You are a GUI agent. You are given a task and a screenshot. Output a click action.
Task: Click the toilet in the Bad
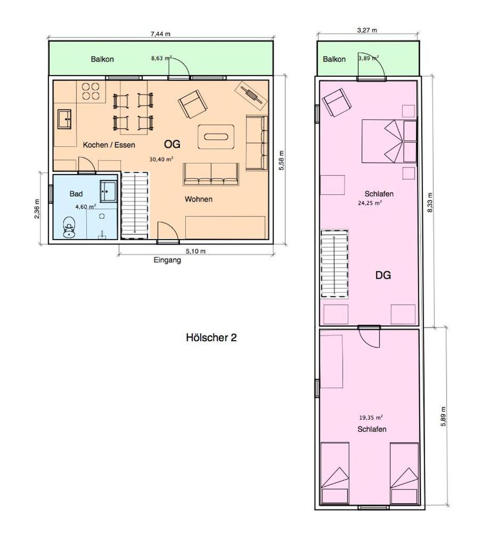pos(69,227)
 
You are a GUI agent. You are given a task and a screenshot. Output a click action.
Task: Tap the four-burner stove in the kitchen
pos(91,91)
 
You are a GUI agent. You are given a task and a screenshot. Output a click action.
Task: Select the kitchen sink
pos(64,119)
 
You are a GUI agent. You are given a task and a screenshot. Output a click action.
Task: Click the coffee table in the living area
pos(216,136)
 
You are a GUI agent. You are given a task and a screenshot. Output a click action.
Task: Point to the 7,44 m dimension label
pos(160,34)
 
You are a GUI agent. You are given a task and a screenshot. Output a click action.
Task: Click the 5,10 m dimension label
pos(195,251)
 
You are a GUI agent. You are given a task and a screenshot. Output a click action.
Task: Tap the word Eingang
pos(167,260)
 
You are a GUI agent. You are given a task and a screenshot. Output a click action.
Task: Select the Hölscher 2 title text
pos(211,338)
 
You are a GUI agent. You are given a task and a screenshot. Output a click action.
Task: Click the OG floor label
pos(173,144)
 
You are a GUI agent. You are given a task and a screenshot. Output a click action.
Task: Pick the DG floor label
pos(383,275)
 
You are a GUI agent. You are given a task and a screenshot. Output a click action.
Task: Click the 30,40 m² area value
pos(161,159)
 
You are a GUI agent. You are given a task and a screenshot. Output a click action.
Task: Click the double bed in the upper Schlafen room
pos(389,141)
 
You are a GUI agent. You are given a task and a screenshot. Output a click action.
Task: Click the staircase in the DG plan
pos(334,264)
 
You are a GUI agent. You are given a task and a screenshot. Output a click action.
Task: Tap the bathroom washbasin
pos(108,191)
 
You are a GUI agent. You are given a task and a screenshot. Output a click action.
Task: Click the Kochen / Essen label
pos(109,145)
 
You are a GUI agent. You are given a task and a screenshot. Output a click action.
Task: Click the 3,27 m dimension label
pos(367,30)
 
